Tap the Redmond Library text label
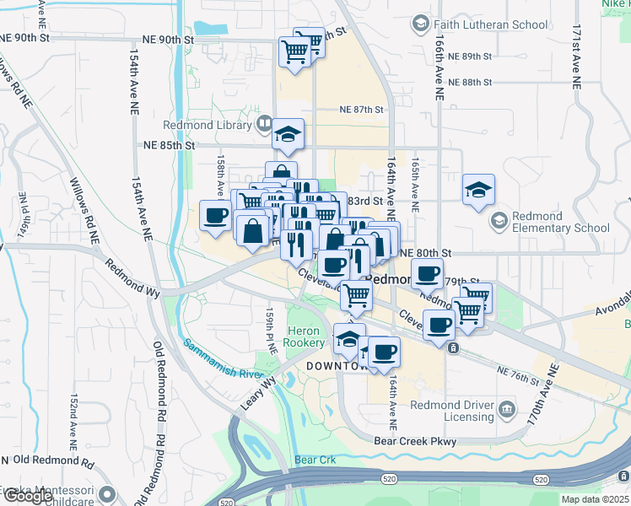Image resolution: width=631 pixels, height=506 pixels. click(218, 126)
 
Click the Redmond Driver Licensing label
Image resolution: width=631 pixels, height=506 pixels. click(451, 411)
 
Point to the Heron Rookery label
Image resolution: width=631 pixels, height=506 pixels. click(305, 337)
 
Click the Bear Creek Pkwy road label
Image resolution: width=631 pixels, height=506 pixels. click(417, 441)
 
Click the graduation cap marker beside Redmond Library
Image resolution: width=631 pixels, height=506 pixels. click(288, 135)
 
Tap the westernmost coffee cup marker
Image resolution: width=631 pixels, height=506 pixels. click(215, 215)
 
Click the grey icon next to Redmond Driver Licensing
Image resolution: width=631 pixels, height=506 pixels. click(507, 411)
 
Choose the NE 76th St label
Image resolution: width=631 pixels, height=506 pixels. click(517, 375)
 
